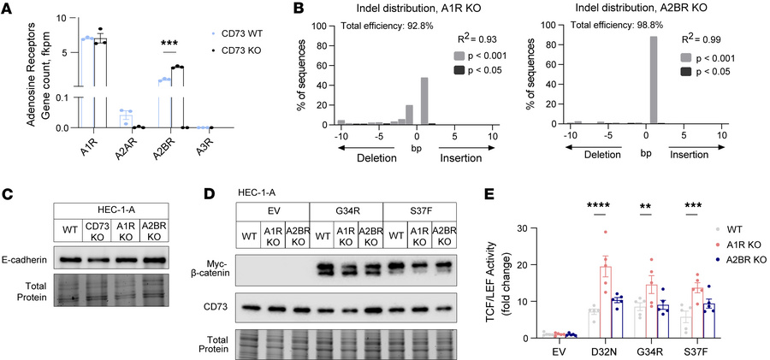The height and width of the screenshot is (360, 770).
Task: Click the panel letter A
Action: coord(8,9)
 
